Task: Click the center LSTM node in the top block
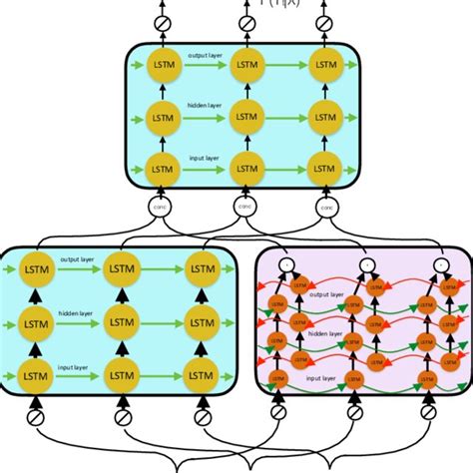click(x=244, y=116)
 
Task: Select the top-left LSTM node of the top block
click(x=163, y=66)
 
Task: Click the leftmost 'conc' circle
click(x=163, y=208)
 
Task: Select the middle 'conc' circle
click(x=244, y=208)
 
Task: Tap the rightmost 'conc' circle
click(x=326, y=208)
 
